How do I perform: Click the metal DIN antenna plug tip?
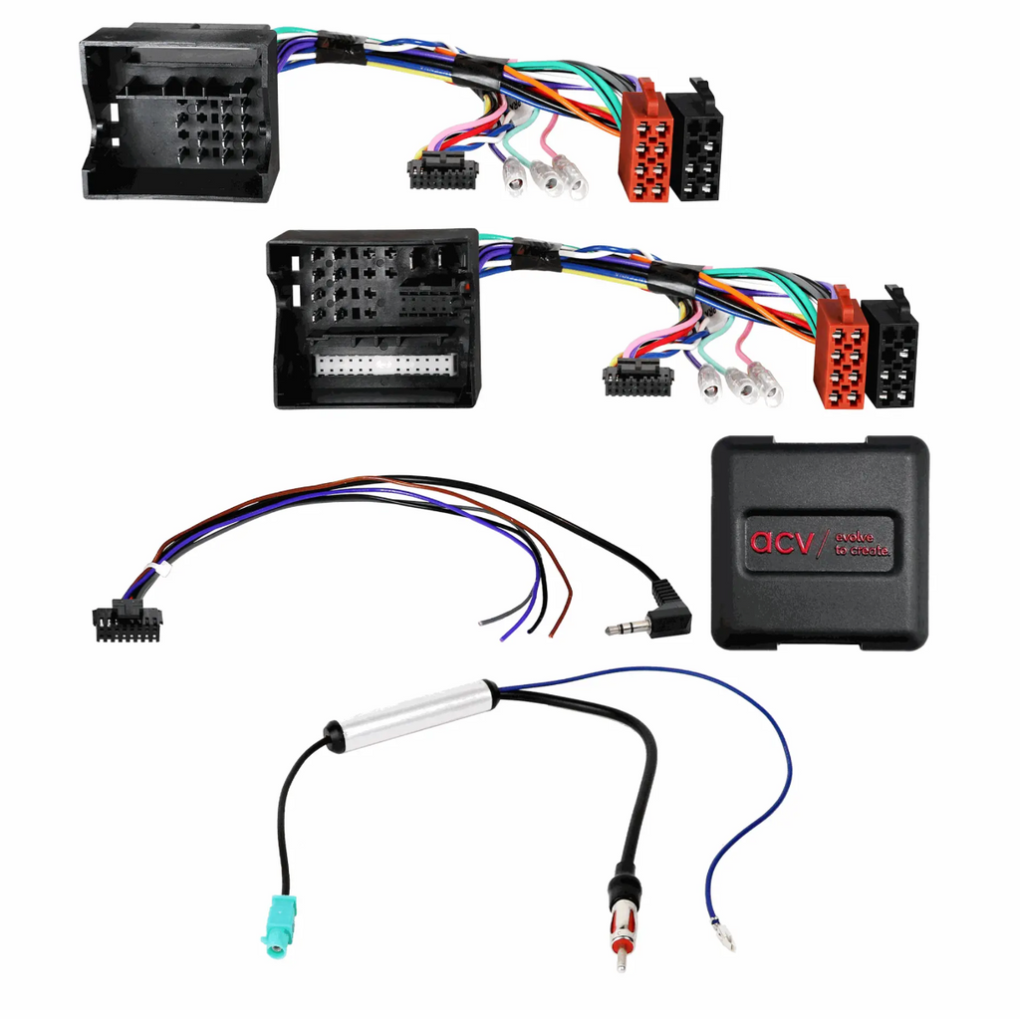[x=622, y=959]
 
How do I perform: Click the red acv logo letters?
[x=781, y=541]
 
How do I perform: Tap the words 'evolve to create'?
[x=862, y=544]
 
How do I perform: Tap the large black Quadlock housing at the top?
[x=179, y=114]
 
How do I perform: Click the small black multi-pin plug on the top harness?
[x=442, y=171]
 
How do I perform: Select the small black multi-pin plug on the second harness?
[x=637, y=379]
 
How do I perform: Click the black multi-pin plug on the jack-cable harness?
[x=127, y=621]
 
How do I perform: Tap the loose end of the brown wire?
[x=552, y=634]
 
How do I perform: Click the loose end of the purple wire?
[x=502, y=637]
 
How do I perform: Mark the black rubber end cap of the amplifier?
[x=333, y=735]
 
